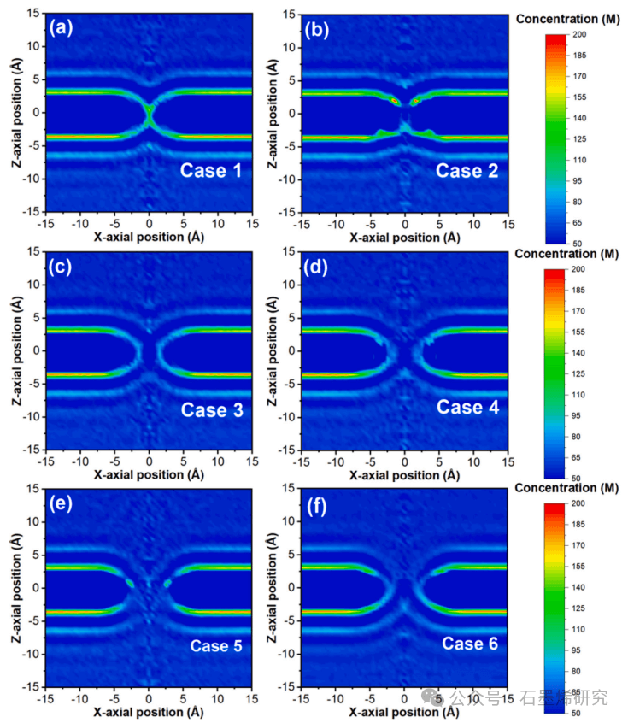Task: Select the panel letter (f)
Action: pos(317,503)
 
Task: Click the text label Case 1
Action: pos(211,171)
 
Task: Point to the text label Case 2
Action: pos(467,171)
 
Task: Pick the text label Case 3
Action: pos(212,409)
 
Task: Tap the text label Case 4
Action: pos(467,408)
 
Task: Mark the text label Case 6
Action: pos(468,644)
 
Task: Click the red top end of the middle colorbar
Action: pos(554,271)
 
